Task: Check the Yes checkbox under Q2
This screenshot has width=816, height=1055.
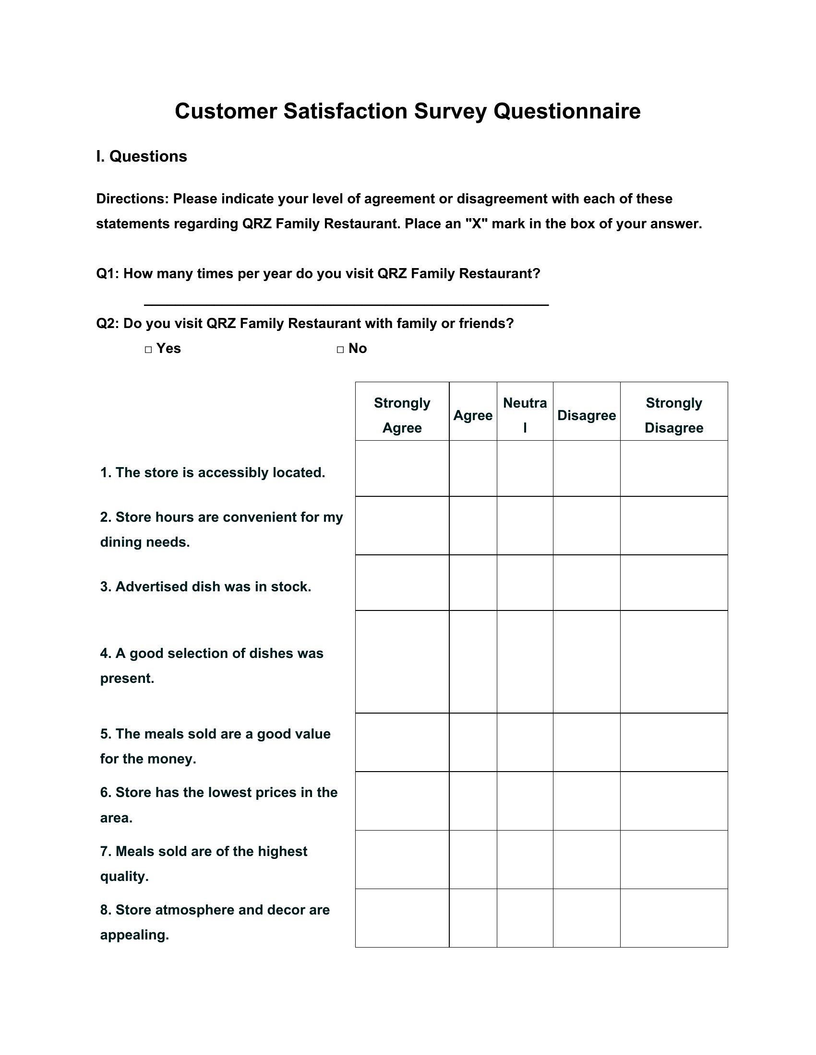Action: click(148, 350)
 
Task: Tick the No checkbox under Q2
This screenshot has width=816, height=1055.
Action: click(340, 350)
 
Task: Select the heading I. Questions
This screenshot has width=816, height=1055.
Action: click(141, 156)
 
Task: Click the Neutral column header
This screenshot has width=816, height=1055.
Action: click(525, 415)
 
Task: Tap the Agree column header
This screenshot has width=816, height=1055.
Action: click(473, 415)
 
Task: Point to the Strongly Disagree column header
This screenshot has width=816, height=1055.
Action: click(673, 415)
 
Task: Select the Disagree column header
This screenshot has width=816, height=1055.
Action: click(587, 415)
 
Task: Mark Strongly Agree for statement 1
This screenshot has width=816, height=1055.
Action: click(402, 468)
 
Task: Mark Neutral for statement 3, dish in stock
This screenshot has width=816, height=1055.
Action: click(525, 583)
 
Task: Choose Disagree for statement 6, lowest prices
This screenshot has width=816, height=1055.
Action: click(587, 801)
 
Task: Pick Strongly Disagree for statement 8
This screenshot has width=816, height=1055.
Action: click(673, 918)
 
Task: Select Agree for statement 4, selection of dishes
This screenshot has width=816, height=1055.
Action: click(473, 662)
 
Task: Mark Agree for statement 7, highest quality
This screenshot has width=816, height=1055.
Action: click(473, 859)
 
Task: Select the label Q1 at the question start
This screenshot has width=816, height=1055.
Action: click(108, 274)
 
